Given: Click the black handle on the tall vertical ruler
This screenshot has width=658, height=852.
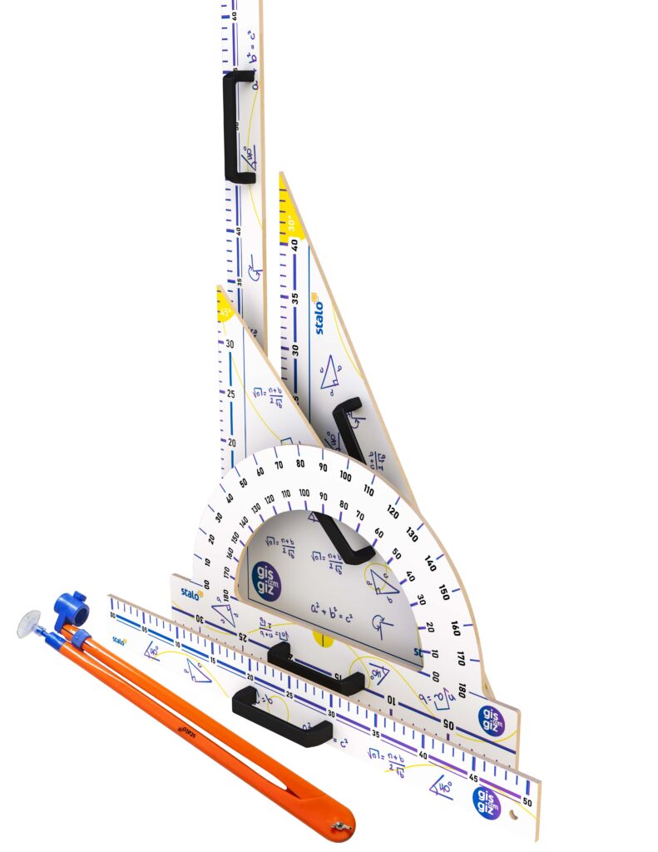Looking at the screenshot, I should click(x=238, y=126).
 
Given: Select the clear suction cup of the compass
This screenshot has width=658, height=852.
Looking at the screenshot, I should click(x=28, y=624).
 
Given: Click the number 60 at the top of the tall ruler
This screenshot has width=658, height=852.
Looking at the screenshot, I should click(x=235, y=15).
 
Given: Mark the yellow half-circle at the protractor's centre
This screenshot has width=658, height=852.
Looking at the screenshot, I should click(x=323, y=638).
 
